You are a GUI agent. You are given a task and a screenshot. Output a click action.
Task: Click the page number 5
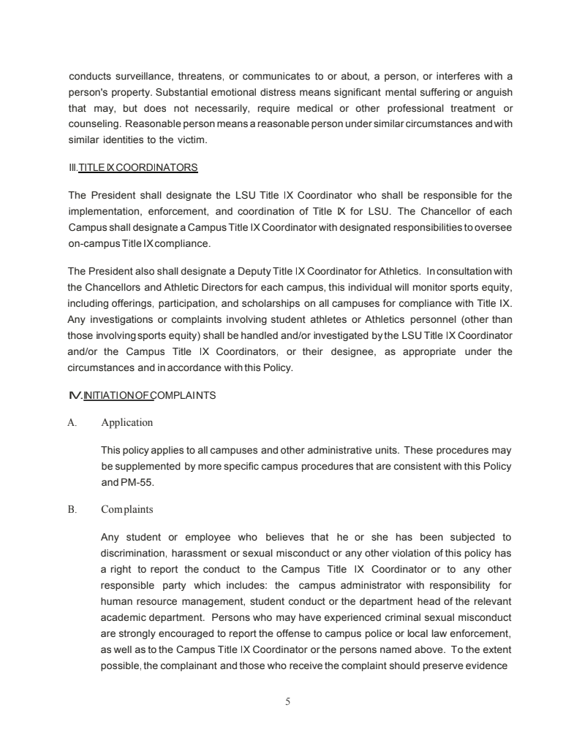tap(288, 702)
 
